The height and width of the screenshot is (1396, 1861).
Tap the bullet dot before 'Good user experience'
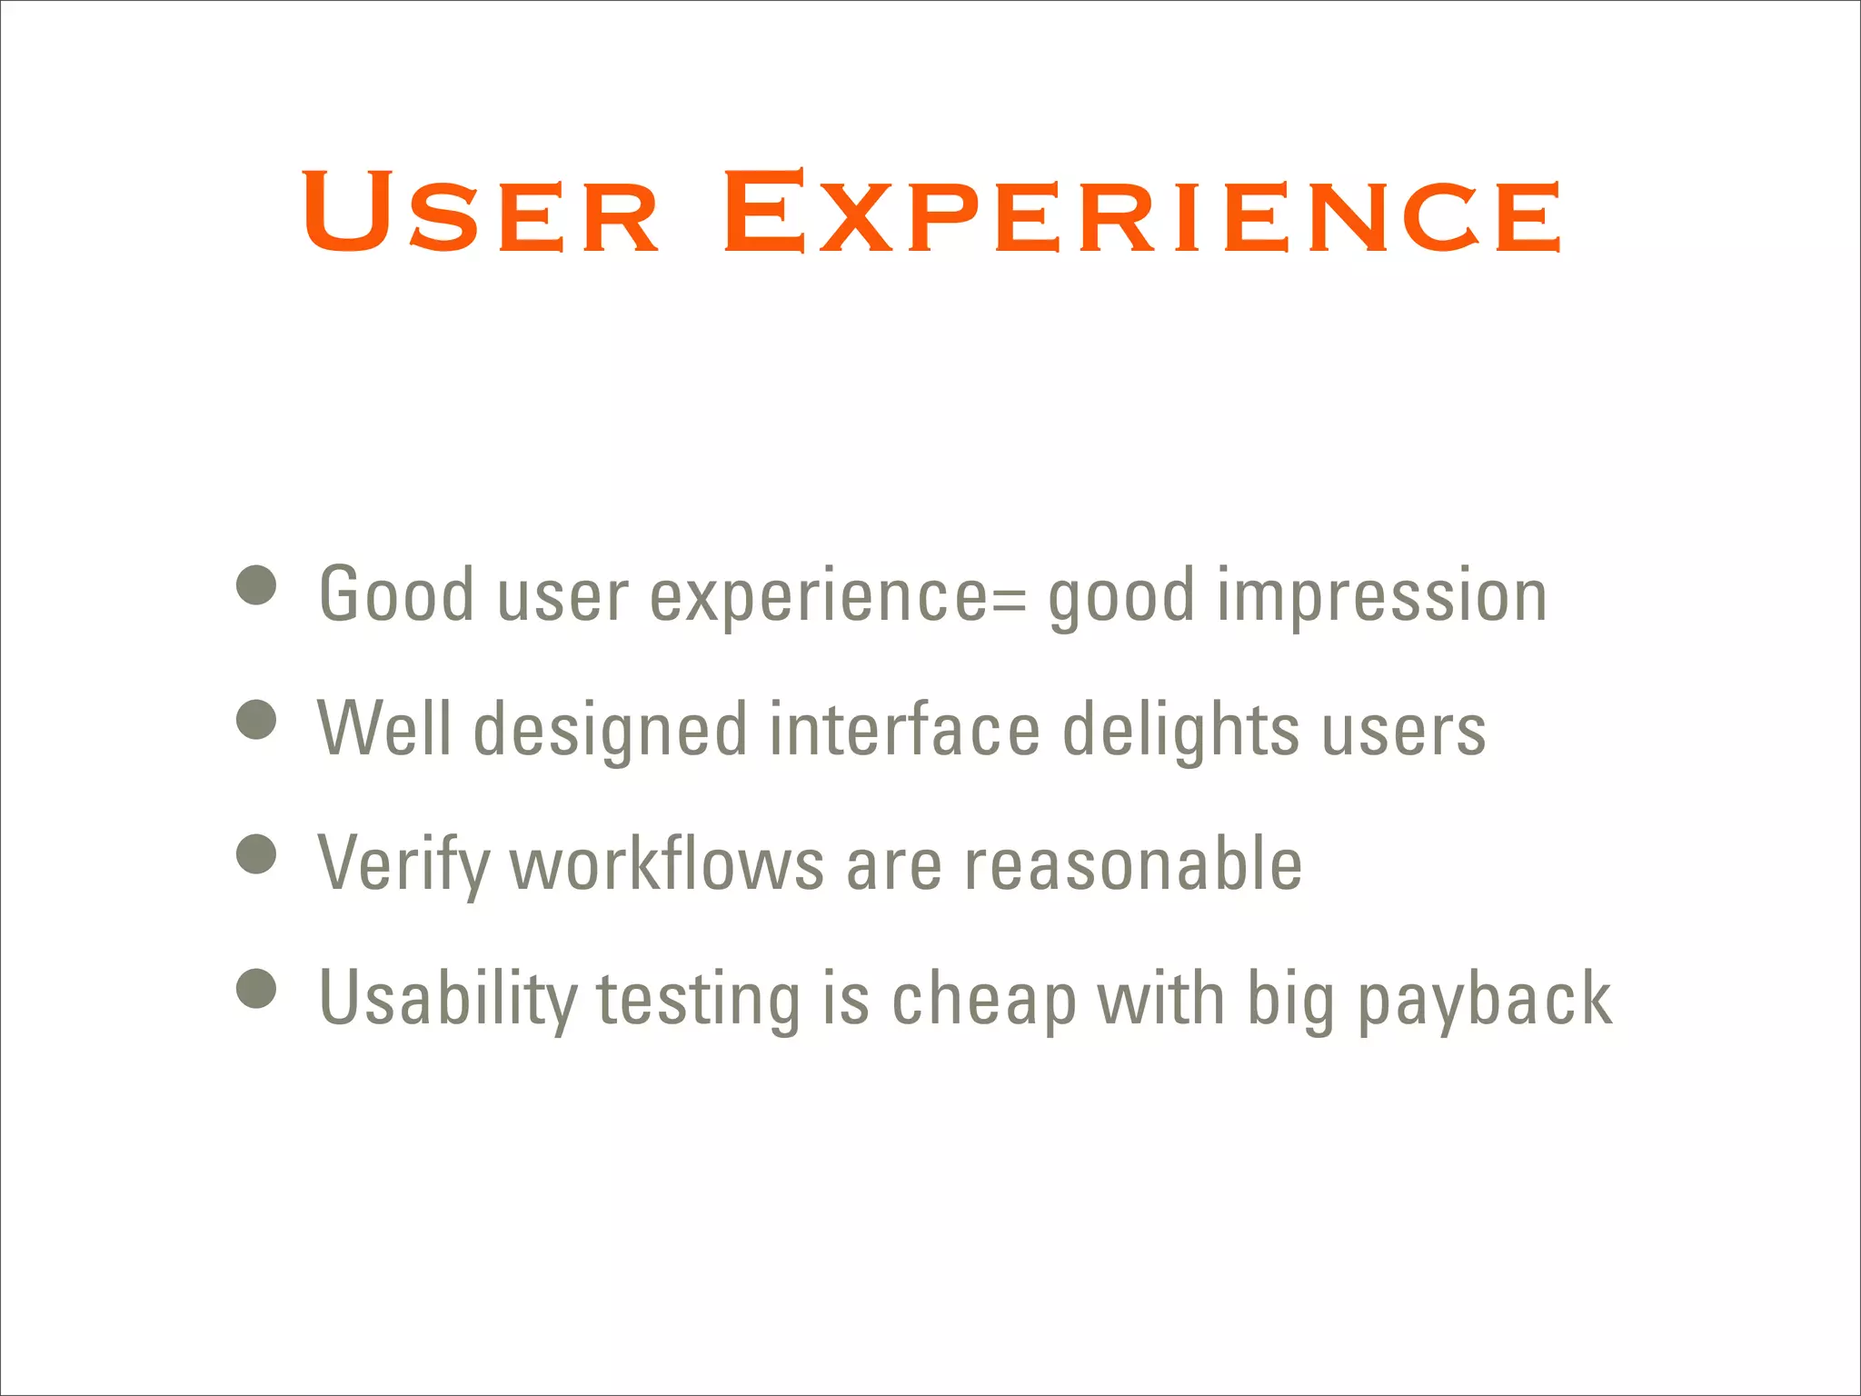(x=256, y=585)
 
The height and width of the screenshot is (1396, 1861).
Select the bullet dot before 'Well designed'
(x=256, y=720)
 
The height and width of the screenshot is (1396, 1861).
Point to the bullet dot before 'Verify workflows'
(x=256, y=854)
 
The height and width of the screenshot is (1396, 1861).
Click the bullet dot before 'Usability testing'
(x=256, y=989)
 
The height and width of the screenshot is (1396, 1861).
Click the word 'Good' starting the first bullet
(x=396, y=594)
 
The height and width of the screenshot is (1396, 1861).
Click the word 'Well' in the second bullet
(x=383, y=729)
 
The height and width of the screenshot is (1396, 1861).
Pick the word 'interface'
(x=904, y=729)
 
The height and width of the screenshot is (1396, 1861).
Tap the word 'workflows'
(x=667, y=863)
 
